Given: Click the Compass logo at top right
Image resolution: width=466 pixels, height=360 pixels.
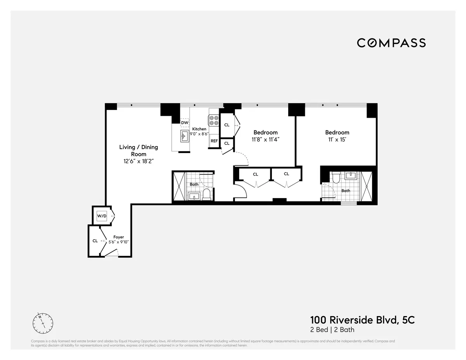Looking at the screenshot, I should point(391,43).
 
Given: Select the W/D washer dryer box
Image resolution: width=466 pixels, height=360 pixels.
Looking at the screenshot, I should point(102,215).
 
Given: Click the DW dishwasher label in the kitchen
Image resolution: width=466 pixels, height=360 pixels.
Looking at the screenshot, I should point(185,123).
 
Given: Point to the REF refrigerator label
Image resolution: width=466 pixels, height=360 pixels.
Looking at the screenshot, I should point(214,141).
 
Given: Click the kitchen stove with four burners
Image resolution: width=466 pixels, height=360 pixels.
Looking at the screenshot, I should point(214,120).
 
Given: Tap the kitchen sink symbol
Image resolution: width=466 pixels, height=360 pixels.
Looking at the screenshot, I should point(184,136).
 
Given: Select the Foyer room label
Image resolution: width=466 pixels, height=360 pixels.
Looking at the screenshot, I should point(118,237).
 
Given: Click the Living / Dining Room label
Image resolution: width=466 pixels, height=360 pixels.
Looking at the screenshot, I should point(138,151).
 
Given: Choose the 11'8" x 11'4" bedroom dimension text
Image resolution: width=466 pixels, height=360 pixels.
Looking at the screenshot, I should point(266,140).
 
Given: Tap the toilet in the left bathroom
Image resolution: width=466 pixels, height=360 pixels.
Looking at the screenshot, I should point(207,193).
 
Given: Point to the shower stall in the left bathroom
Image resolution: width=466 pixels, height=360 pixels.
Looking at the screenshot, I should point(179,186).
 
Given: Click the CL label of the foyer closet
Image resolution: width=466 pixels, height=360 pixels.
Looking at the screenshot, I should point(95,241).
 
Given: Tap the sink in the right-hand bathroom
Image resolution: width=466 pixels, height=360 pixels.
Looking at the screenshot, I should point(351,176).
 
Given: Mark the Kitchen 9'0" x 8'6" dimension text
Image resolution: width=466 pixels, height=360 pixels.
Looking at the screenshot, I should point(200,131).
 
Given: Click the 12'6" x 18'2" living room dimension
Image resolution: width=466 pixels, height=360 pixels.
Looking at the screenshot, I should point(139,161).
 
